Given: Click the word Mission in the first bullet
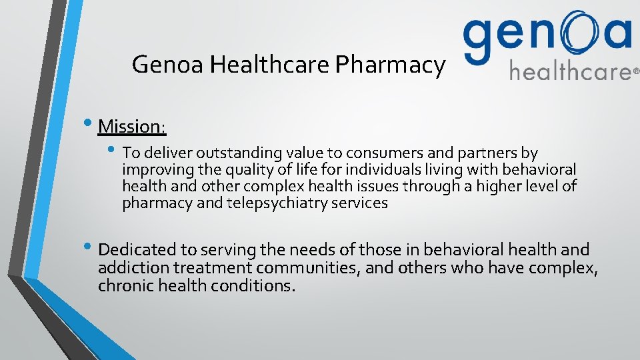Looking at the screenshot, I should tap(131, 125).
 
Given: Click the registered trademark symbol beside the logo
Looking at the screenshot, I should tap(635, 70).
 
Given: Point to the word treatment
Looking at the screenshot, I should tap(213, 268).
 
